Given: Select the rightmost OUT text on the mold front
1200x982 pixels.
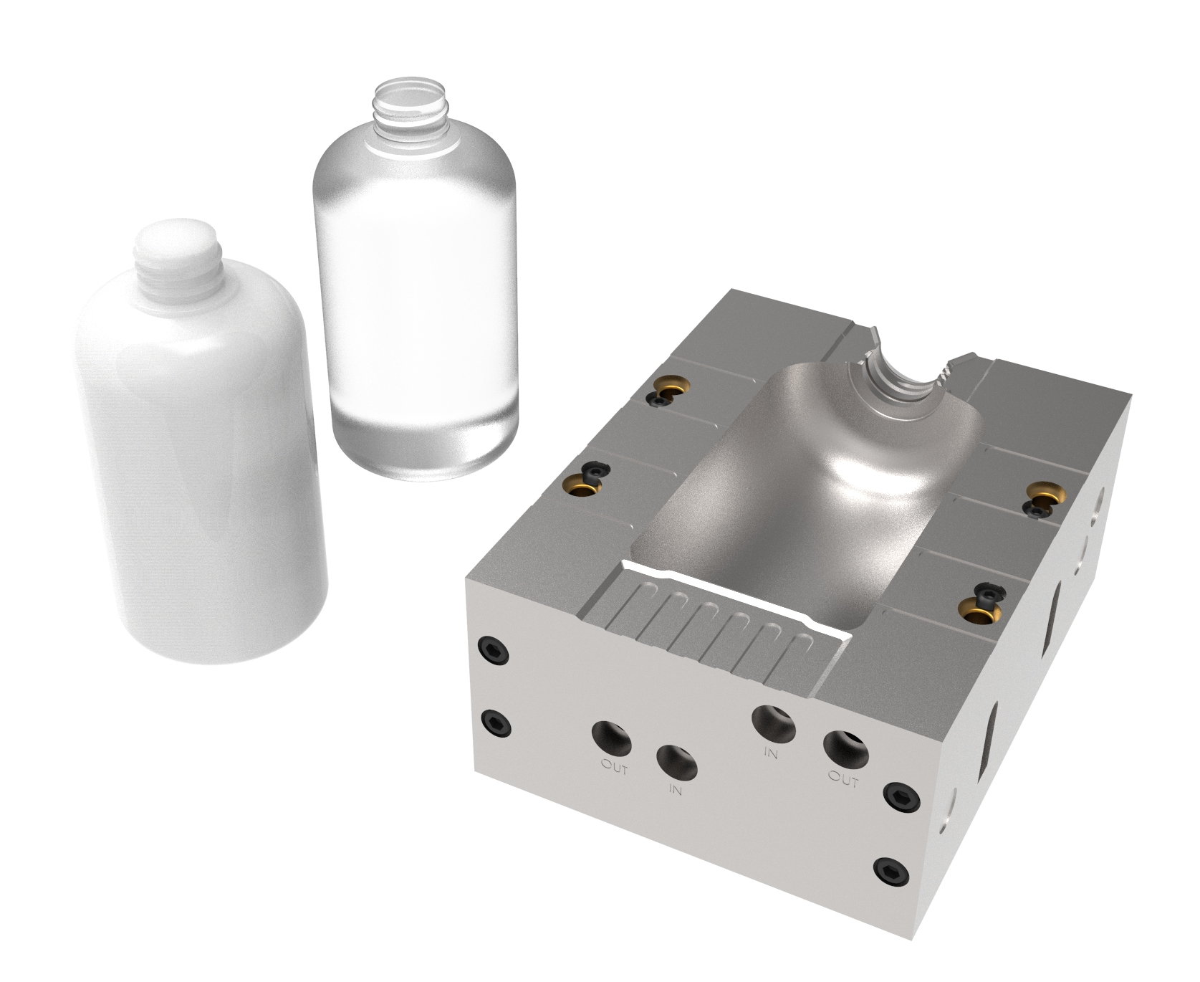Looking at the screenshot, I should click(x=843, y=778).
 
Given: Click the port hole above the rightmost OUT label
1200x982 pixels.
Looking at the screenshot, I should click(x=845, y=748).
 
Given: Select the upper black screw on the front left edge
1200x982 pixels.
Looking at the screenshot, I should click(x=495, y=652).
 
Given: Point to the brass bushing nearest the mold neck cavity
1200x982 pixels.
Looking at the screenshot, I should click(x=671, y=388).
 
